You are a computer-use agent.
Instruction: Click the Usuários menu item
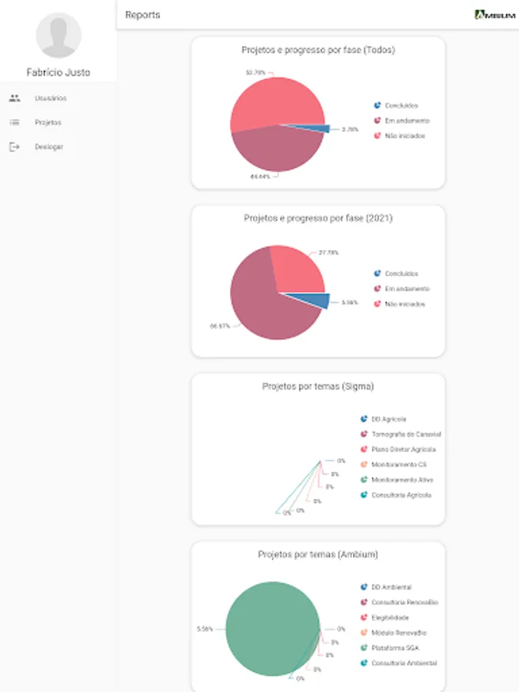50,98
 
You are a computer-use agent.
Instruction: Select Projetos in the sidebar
48,122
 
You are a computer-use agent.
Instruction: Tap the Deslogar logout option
48,147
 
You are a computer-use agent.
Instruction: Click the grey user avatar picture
58,35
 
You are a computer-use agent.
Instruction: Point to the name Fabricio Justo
58,72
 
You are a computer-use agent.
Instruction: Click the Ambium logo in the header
494,15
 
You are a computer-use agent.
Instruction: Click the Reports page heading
143,15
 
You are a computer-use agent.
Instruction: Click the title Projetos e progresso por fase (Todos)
318,50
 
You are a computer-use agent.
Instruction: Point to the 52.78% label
255,72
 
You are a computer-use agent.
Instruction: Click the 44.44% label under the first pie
258,177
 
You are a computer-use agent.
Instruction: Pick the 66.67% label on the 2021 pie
220,326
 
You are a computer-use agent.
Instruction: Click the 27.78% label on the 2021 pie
328,252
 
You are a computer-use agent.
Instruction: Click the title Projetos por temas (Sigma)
318,387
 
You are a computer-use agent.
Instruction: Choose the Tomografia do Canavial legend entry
405,434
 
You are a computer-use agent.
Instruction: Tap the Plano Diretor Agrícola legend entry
403,449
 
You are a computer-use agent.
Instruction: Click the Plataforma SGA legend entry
394,647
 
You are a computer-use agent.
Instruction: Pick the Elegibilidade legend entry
390,617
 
